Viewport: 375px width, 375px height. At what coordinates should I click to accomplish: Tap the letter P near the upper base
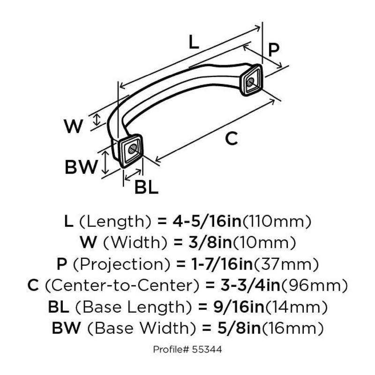275,49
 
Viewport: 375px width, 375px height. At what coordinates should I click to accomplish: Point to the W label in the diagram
73,126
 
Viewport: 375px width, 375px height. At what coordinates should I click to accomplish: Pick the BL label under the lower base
146,187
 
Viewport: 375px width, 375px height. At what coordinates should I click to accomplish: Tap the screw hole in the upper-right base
251,81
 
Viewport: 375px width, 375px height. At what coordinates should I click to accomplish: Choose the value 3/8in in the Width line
204,242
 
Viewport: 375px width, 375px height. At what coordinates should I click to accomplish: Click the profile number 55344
210,349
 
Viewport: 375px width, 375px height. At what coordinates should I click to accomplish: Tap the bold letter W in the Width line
88,242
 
